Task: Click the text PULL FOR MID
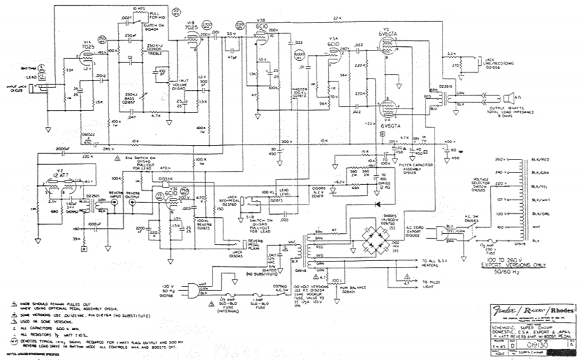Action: tap(157, 16)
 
